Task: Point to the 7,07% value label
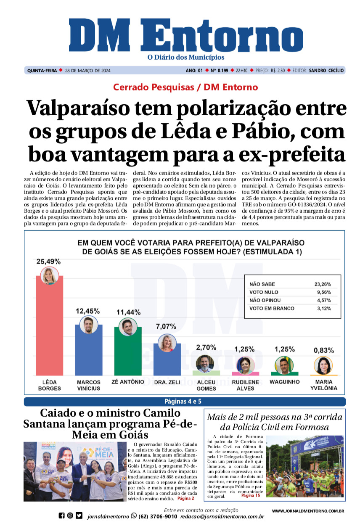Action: (x=166, y=326)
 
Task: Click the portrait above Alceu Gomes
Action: (x=205, y=363)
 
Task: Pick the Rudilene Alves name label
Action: (x=245, y=385)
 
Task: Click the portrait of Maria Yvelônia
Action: (x=323, y=365)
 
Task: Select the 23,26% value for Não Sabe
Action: (x=323, y=284)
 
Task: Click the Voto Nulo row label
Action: (x=264, y=292)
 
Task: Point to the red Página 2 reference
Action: (x=185, y=498)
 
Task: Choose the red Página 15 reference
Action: (x=251, y=496)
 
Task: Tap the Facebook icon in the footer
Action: (x=61, y=515)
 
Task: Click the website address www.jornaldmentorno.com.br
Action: (x=308, y=511)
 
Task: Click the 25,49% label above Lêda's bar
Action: (x=49, y=261)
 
